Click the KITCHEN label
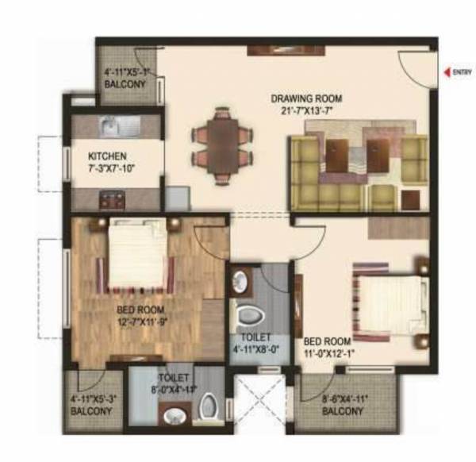click(x=106, y=156)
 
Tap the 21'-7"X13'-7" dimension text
click(x=306, y=110)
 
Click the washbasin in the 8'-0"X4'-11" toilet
click(x=174, y=415)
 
